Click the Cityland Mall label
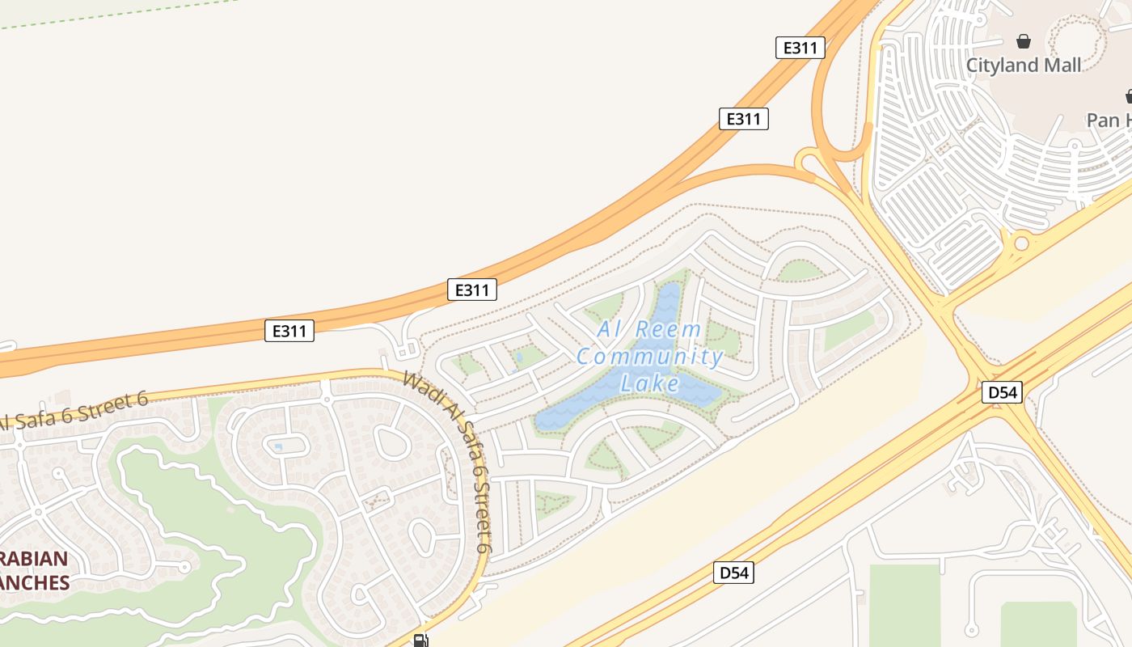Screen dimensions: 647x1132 1024,65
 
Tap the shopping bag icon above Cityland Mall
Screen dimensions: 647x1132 1024,40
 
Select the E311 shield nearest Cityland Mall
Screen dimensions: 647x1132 800,48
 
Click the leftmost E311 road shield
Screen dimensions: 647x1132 289,330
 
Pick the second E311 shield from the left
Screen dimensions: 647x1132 471,290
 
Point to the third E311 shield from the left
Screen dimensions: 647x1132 743,119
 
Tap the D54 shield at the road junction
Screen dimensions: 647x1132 1002,393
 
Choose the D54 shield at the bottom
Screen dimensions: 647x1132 734,573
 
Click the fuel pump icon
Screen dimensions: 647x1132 420,641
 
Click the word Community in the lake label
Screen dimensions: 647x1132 649,356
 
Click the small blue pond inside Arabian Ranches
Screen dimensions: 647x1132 278,446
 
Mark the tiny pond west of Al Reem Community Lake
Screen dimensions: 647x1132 518,354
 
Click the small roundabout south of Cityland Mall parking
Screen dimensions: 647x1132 1021,243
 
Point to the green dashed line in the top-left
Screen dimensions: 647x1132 121,11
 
